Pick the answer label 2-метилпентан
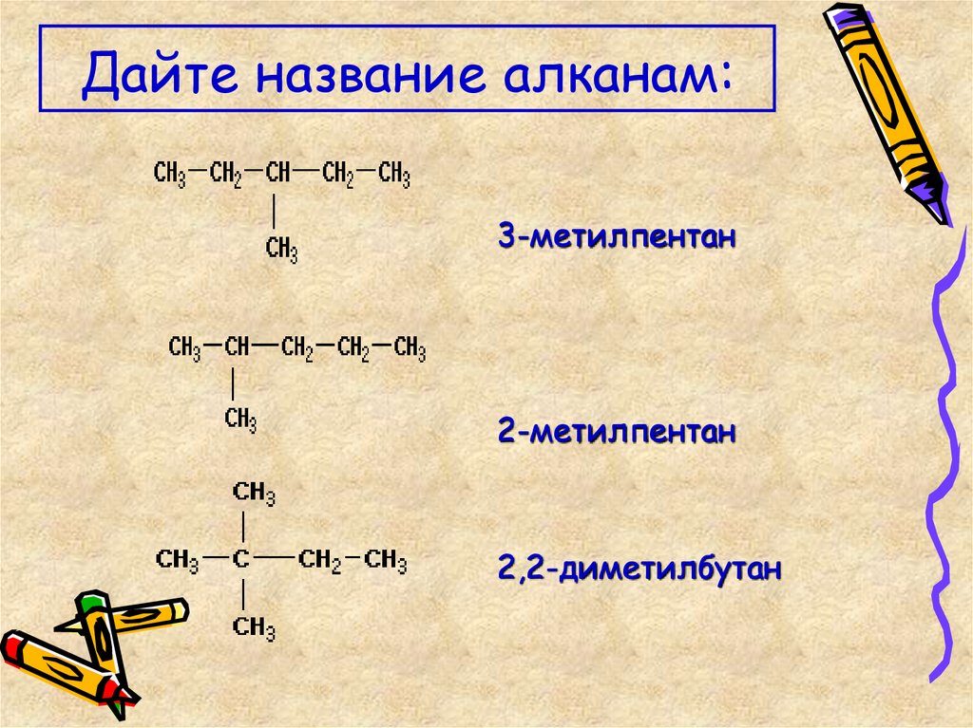coord(618,433)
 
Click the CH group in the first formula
coord(278,175)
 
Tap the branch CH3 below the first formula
coord(282,250)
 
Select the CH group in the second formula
coord(237,348)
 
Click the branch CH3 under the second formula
coord(241,420)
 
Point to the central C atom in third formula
coord(242,560)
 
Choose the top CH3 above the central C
coord(254,494)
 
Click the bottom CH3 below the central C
coord(254,627)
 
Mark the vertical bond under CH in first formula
coord(275,211)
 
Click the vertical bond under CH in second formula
coord(234,383)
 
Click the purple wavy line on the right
coord(944,427)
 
